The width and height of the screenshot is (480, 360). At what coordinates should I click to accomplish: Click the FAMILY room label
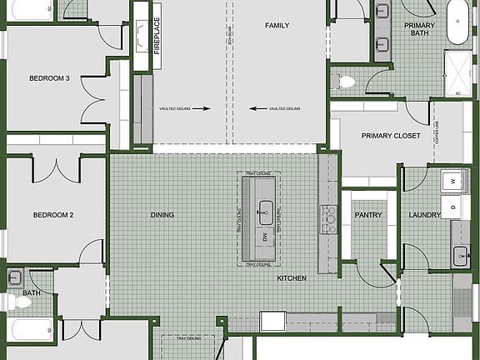277,26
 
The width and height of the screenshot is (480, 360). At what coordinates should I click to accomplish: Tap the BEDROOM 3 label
49,79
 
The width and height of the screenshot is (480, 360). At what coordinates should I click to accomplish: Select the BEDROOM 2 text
53,215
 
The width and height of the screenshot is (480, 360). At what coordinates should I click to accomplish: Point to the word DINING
162,215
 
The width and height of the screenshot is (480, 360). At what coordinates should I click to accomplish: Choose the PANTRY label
367,215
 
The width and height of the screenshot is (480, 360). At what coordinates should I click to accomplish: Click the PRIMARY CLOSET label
391,136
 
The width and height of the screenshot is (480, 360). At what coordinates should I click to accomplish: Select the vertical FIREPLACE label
157,36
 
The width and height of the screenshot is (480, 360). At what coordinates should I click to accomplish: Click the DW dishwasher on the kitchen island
265,238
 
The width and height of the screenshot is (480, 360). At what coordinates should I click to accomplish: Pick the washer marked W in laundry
454,180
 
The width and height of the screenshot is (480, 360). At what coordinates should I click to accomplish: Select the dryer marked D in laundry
454,205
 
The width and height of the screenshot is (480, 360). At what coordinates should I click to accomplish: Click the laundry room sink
460,256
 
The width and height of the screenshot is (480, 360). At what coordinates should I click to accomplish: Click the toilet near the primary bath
346,81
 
